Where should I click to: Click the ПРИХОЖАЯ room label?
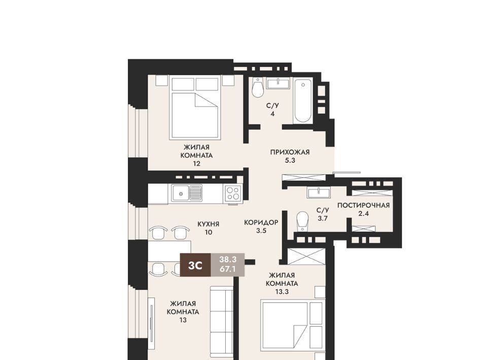click(x=290, y=152)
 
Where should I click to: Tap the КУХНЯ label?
click(x=208, y=224)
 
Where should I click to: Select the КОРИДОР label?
click(x=261, y=223)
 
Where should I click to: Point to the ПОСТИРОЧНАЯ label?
click(x=363, y=205)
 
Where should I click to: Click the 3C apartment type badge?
click(x=196, y=265)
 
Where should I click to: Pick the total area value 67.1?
click(x=228, y=269)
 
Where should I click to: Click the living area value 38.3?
click(x=228, y=260)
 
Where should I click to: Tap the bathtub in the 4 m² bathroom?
click(x=302, y=101)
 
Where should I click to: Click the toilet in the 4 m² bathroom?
click(x=258, y=87)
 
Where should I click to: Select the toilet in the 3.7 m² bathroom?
click(x=302, y=221)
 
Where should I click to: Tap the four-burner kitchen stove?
click(x=233, y=194)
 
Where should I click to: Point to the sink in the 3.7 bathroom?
click(x=318, y=192)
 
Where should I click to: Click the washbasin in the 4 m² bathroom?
click(x=278, y=84)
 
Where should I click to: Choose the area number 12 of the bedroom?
click(x=196, y=164)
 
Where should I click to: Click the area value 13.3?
click(x=282, y=292)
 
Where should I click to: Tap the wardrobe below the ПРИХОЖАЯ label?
click(x=304, y=178)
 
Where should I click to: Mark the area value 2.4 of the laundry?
click(x=363, y=213)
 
